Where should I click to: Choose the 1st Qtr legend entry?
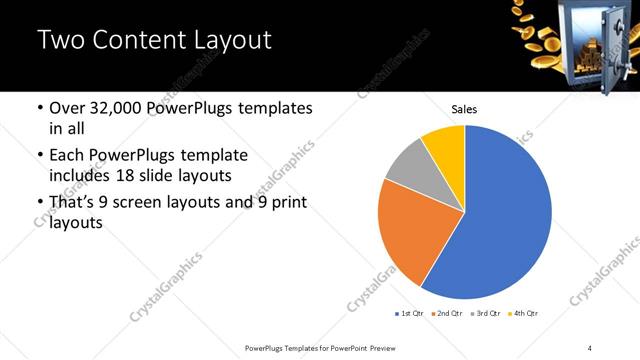coord(409,313)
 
